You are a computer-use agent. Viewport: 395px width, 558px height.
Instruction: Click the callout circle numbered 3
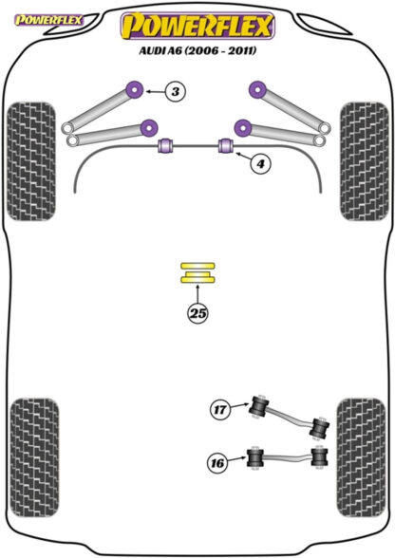point(176,92)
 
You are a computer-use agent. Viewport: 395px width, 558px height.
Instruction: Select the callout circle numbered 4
point(261,163)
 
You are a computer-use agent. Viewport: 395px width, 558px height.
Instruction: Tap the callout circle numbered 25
point(198,313)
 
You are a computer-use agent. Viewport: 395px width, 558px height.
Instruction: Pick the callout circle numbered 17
point(220,410)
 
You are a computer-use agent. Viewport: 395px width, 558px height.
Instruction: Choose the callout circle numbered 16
point(217,463)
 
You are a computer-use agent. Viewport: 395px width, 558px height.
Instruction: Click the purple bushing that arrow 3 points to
point(135,90)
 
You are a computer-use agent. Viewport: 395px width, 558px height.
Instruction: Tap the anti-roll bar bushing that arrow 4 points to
point(226,145)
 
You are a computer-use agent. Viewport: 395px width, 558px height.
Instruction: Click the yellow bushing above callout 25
point(197,273)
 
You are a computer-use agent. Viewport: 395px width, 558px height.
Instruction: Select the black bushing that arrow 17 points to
point(259,407)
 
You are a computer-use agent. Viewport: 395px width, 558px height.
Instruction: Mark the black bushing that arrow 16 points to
point(254,457)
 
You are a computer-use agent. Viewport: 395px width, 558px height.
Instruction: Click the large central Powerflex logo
point(197,26)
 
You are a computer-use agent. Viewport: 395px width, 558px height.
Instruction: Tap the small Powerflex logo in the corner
point(48,20)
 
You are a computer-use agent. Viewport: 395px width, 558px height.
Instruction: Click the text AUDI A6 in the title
point(160,50)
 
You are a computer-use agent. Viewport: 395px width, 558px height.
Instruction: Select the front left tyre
point(31,161)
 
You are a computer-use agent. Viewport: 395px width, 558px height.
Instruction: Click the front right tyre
point(364,161)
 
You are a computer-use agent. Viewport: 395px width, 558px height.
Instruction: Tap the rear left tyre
point(34,457)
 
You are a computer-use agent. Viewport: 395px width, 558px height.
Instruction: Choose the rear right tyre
point(361,457)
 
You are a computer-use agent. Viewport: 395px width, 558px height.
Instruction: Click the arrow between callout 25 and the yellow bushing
point(197,294)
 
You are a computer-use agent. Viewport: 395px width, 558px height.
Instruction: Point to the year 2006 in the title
point(202,50)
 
